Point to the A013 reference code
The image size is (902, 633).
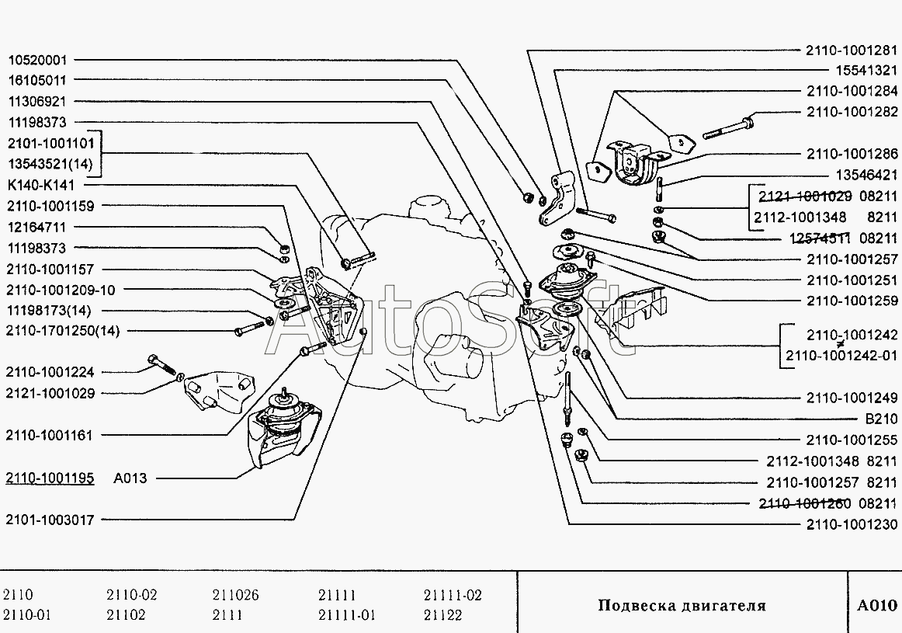click(x=130, y=478)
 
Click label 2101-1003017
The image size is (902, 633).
click(x=50, y=520)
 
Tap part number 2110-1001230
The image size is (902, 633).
click(x=852, y=524)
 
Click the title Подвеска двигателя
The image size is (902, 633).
click(x=682, y=606)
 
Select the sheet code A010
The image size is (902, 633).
click(x=876, y=606)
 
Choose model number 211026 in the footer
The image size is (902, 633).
click(x=235, y=596)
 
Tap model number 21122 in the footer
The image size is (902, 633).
click(x=442, y=615)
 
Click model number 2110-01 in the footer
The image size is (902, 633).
click(x=27, y=615)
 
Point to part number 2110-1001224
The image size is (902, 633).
click(x=50, y=373)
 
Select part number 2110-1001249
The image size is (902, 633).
click(x=852, y=398)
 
